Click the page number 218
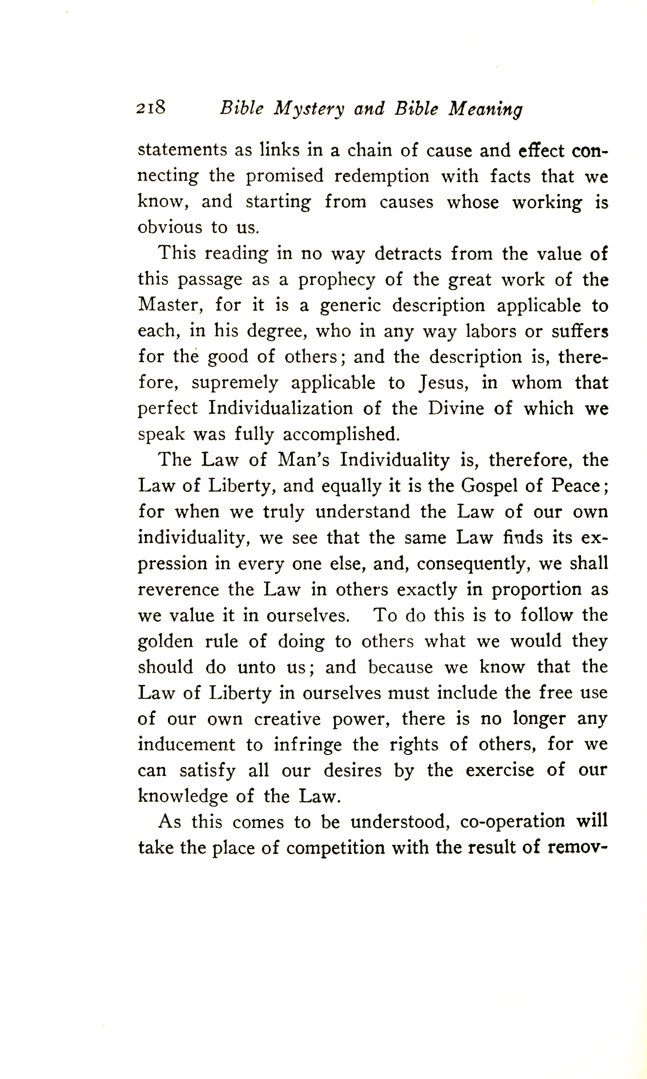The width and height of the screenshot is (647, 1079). (x=150, y=107)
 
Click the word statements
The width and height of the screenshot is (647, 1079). (x=182, y=150)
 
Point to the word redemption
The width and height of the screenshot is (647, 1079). (x=381, y=177)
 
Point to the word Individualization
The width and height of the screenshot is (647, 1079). (x=280, y=409)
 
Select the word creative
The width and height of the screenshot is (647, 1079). (x=287, y=719)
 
